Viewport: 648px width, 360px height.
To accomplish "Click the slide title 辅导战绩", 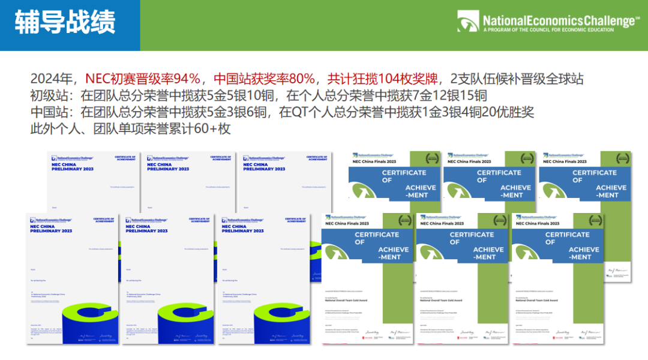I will tap(65, 23).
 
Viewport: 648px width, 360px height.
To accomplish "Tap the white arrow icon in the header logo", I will tap(467, 22).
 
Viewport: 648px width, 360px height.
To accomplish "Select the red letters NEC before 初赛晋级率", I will tap(98, 79).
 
